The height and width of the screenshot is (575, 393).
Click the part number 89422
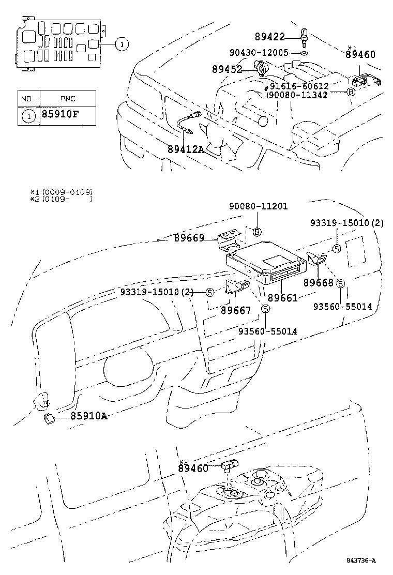(x=270, y=37)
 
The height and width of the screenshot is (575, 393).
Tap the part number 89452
(x=227, y=69)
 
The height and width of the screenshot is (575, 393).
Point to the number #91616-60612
(x=298, y=86)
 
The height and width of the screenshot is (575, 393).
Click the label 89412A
(x=186, y=149)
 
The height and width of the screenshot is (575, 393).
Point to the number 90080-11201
(x=259, y=206)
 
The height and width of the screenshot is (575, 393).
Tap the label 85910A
(x=89, y=416)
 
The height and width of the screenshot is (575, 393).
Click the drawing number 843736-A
(x=360, y=561)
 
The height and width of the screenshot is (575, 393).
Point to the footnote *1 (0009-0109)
(x=62, y=192)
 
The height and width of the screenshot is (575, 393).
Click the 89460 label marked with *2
(x=193, y=468)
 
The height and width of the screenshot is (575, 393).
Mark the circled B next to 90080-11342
(x=351, y=92)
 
